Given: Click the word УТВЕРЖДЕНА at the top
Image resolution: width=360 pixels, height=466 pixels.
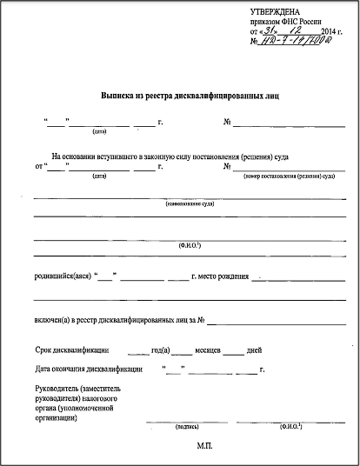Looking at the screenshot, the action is [x=274, y=10].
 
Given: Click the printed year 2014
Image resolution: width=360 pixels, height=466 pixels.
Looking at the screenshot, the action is [x=323, y=30].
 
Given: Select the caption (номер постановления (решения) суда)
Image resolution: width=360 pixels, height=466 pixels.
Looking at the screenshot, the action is [x=289, y=176].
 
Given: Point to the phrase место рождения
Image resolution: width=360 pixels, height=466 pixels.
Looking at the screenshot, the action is [x=221, y=277].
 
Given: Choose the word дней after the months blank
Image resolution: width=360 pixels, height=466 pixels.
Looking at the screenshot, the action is [x=255, y=351].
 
